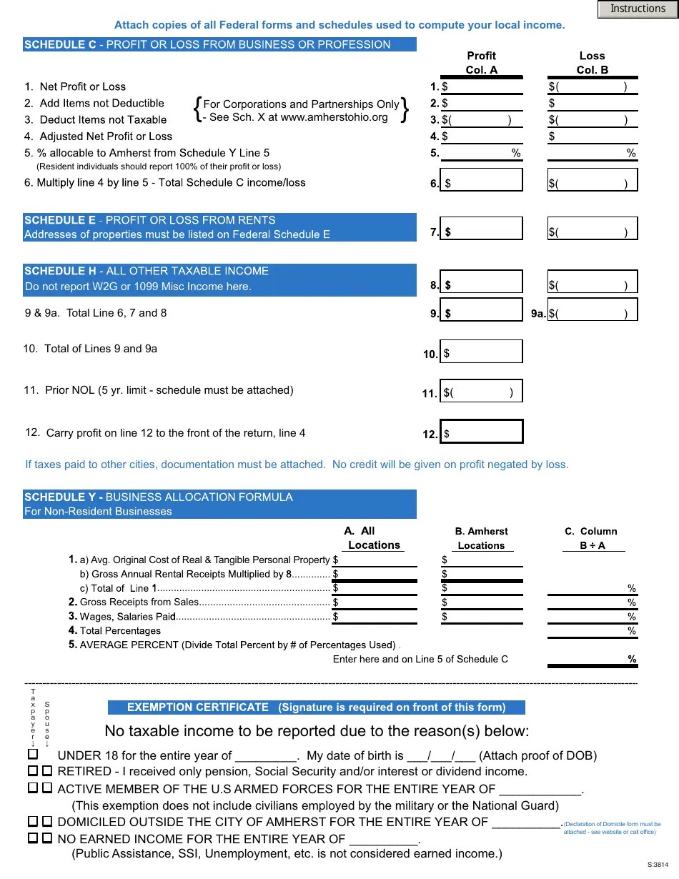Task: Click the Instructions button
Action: click(x=638, y=9)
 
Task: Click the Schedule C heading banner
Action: click(x=219, y=44)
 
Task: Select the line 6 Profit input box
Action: click(x=482, y=180)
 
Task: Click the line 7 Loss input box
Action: click(x=593, y=229)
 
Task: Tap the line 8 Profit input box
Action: click(x=482, y=282)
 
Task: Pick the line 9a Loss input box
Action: click(x=593, y=310)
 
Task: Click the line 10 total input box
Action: click(x=482, y=352)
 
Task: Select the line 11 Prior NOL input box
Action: click(x=482, y=391)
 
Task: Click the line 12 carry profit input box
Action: click(x=482, y=432)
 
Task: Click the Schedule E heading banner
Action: click(x=219, y=227)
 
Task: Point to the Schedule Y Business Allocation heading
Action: click(x=219, y=504)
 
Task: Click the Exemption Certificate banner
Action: click(x=316, y=707)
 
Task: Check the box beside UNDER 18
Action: click(x=33, y=755)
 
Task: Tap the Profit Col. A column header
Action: click(x=481, y=63)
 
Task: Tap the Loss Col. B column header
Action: click(x=593, y=63)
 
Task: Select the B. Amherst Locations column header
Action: click(x=481, y=538)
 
